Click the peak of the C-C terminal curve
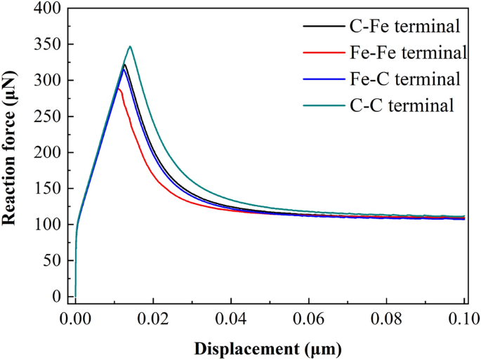pos(130,46)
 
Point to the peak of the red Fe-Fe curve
pos(119,89)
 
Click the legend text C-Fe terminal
pos(404,27)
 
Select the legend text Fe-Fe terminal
pos(408,53)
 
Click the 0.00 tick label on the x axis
pos(76,321)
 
